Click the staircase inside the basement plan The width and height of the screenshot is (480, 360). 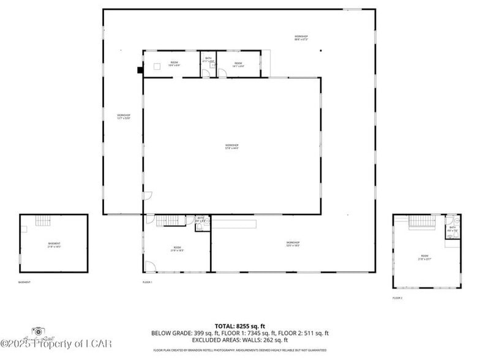click(x=42, y=221)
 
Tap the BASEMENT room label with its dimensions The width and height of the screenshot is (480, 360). click(x=54, y=245)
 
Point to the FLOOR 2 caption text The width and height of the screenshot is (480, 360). click(x=398, y=298)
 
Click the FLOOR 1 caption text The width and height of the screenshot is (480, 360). click(x=147, y=282)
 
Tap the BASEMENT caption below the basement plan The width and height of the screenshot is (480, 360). click(x=24, y=282)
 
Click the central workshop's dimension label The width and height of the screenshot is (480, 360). click(x=231, y=146)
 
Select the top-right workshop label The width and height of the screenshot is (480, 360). click(x=301, y=38)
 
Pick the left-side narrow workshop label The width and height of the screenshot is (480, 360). click(x=124, y=116)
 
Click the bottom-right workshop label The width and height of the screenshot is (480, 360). click(x=293, y=244)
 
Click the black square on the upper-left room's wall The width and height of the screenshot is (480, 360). click(x=140, y=70)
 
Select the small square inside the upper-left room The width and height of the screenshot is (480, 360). click(x=157, y=66)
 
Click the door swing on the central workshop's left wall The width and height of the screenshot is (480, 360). click(x=148, y=195)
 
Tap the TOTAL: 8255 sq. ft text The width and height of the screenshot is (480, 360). click(x=240, y=326)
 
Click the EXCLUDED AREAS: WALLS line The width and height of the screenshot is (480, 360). click(x=240, y=340)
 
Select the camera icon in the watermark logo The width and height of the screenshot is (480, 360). click(x=39, y=331)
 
